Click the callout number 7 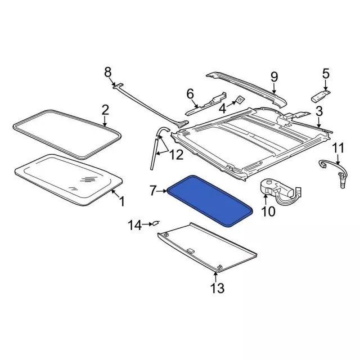[154, 191]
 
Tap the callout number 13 [217, 288]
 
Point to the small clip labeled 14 [156, 223]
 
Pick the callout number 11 [338, 148]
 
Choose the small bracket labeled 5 [321, 96]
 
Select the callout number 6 [190, 94]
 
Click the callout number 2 [105, 110]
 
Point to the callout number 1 [122, 201]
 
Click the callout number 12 [176, 155]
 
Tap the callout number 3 [319, 111]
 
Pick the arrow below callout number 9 [274, 88]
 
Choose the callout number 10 [268, 211]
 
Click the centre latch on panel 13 [191, 250]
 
